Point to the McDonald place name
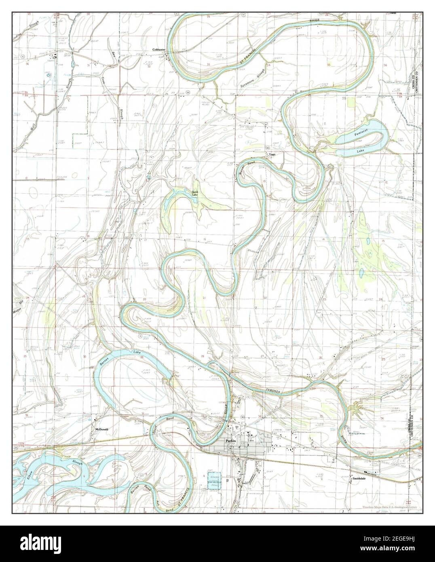101,429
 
